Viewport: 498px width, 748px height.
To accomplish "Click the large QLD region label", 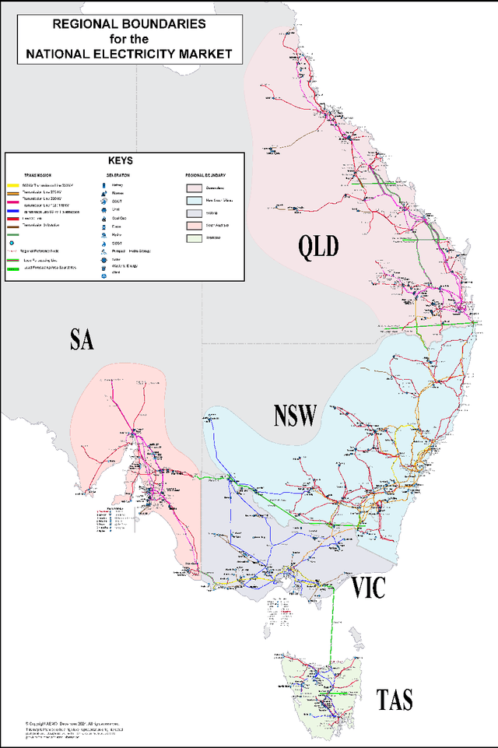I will coord(319,247).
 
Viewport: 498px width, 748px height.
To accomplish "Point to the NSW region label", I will coord(295,416).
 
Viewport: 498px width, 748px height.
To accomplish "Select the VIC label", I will coord(367,588).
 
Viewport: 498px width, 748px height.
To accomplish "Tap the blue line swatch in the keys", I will coord(12,212).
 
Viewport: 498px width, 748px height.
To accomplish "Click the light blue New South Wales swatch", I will coord(193,200).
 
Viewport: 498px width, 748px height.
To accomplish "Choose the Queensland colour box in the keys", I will coord(193,188).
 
